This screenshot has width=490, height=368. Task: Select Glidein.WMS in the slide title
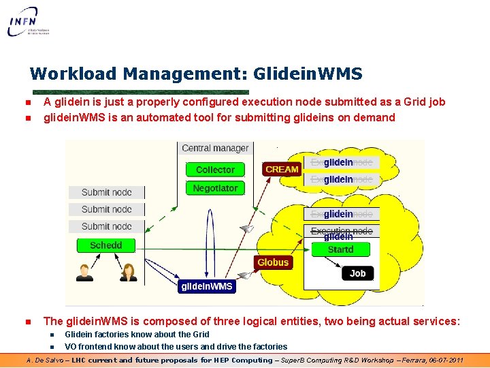point(308,74)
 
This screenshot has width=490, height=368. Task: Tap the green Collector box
point(215,170)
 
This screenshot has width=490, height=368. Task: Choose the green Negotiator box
point(215,188)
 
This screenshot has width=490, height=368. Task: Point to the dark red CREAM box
point(282,169)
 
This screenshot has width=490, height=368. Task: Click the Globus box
point(273,262)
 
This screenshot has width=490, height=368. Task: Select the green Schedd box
point(106,245)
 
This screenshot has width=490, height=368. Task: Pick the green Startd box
point(340,249)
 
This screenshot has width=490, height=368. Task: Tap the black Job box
point(357,273)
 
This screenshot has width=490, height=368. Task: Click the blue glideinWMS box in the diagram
point(206,287)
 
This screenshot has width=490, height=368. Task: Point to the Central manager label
point(215,148)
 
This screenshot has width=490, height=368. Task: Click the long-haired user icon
point(128,272)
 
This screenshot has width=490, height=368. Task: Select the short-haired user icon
point(85,272)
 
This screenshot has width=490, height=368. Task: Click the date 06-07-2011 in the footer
point(442,360)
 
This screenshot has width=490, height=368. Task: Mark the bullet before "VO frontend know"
point(52,347)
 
